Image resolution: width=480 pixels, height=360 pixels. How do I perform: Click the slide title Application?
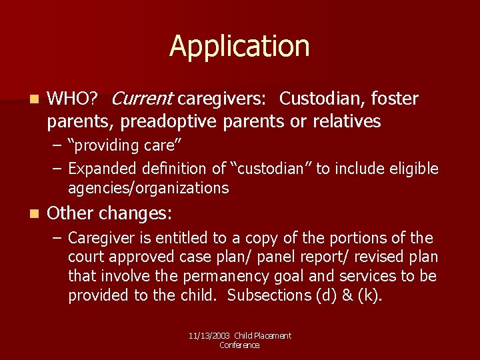[239, 47]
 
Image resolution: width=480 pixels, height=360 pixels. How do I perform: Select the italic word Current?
[142, 99]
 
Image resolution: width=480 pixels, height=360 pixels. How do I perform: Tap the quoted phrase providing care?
[125, 145]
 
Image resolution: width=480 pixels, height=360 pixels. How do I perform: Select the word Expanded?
[101, 169]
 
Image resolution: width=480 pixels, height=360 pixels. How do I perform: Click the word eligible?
[413, 169]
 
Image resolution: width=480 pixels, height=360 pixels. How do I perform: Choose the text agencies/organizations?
[148, 188]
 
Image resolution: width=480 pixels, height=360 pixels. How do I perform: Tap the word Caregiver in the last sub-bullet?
[99, 238]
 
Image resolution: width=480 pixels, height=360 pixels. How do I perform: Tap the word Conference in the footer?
[239, 345]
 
